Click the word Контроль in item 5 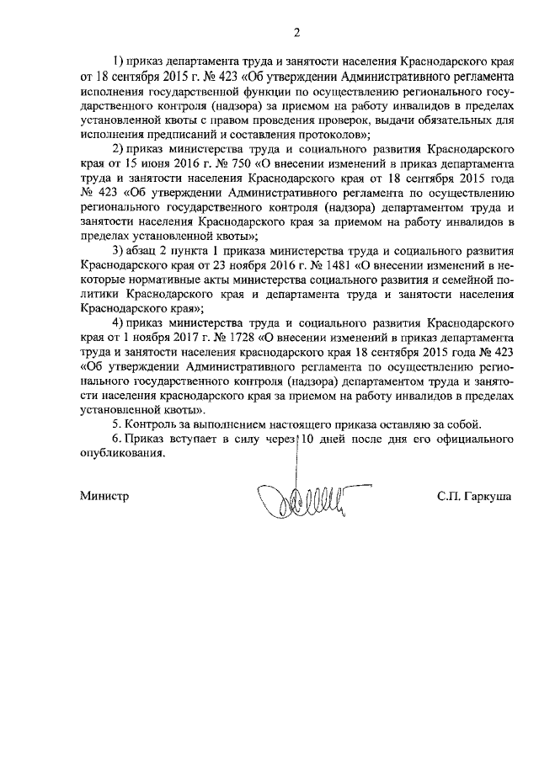click(x=152, y=423)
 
